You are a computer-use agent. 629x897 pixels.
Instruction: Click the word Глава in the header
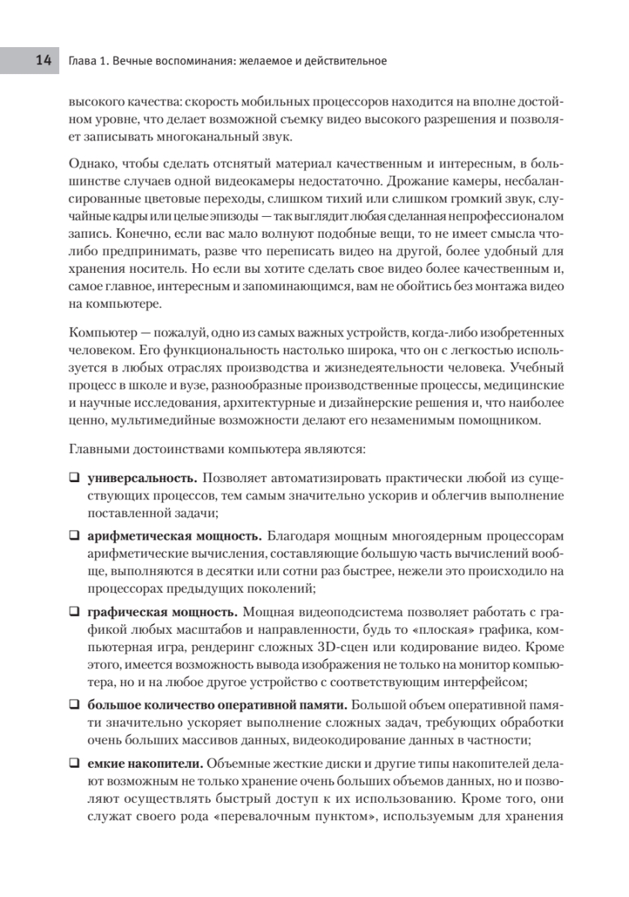pyautogui.click(x=82, y=61)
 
